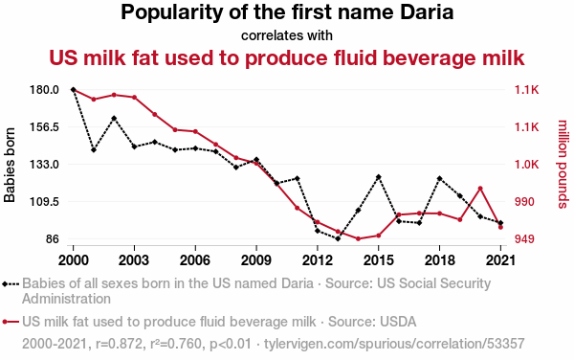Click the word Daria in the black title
coord(427,12)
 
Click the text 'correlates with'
coord(287,35)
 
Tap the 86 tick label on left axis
coord(53,239)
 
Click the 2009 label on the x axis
coord(256,260)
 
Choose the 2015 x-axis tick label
coord(379,260)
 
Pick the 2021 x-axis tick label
coord(500,260)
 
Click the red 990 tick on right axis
coord(524,202)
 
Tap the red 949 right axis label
coord(524,239)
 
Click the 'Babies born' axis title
coord(10,165)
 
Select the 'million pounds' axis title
coord(563,164)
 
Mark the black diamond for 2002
coord(114,119)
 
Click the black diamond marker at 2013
coord(338,238)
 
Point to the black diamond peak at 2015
coord(379,177)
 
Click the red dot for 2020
coord(480,189)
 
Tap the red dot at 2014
coord(358,238)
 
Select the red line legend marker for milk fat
coord(11,322)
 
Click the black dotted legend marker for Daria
coord(11,283)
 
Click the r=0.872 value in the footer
coord(119,344)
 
